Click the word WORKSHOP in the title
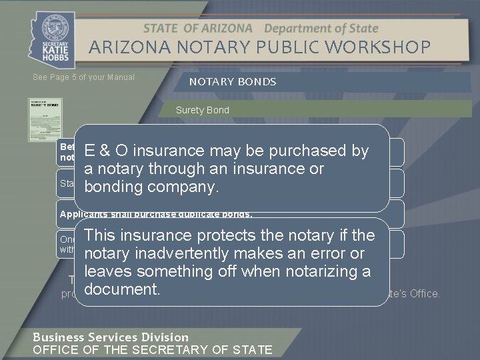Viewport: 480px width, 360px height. tap(385, 47)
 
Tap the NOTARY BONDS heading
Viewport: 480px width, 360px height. tap(233, 82)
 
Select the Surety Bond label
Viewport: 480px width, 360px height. tap(202, 110)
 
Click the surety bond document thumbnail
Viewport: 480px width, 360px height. tap(45, 119)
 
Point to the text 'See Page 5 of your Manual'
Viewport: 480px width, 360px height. tap(83, 77)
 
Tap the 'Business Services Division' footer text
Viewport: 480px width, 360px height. tap(111, 337)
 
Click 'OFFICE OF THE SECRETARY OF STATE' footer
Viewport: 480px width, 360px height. tap(153, 349)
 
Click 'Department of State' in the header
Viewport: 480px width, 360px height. tap(321, 29)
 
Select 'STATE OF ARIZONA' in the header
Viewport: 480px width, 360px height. tap(197, 29)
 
